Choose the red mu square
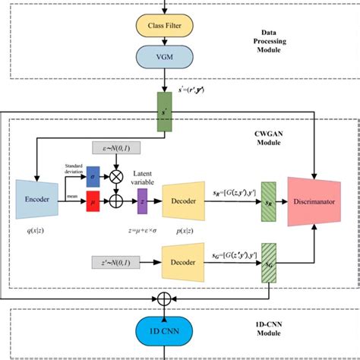coord(93,204)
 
